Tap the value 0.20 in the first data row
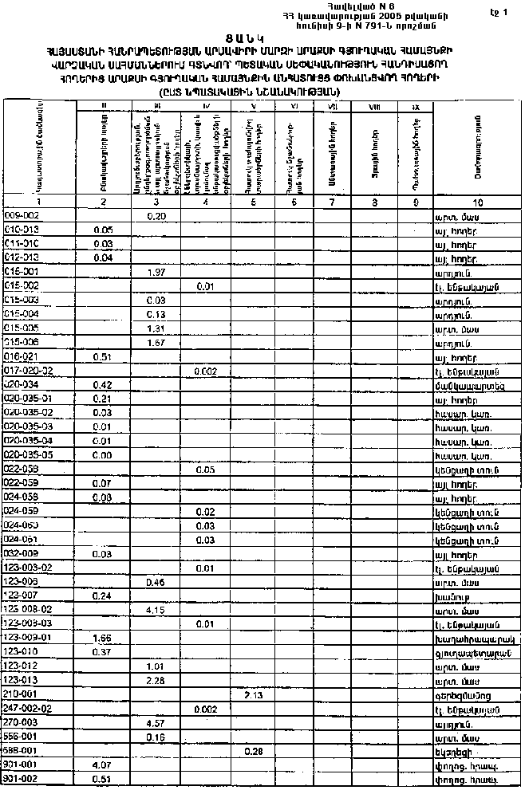pos(156,215)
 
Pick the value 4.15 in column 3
pos(156,609)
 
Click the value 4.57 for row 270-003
pos(156,723)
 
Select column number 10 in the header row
pos(478,202)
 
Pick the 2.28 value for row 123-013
pos(156,680)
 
